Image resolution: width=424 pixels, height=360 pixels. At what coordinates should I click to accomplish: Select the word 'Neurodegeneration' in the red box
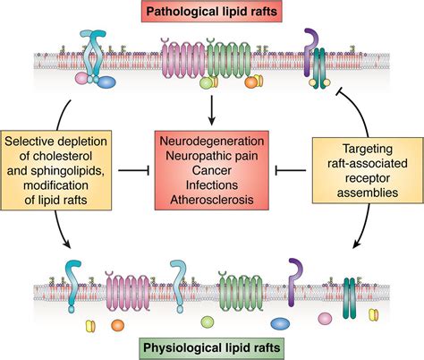(212, 142)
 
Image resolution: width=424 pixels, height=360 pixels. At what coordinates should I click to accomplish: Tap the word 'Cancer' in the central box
(212, 172)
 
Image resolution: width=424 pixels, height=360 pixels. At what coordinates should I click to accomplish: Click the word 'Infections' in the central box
(212, 186)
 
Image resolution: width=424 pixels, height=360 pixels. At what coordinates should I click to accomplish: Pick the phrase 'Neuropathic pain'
(212, 158)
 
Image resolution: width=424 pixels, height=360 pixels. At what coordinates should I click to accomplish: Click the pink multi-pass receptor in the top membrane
(183, 67)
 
